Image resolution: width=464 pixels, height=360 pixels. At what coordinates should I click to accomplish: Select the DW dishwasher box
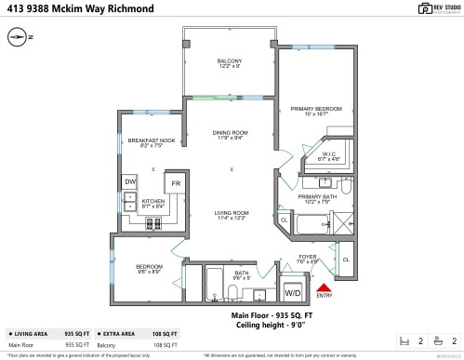[130, 182]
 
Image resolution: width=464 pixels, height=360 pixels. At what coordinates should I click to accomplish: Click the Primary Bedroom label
[310, 110]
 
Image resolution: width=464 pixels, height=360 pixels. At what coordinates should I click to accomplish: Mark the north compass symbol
[20, 38]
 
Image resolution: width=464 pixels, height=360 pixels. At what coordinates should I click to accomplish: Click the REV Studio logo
[424, 11]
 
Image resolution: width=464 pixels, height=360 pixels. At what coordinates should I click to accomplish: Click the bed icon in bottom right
[403, 341]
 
